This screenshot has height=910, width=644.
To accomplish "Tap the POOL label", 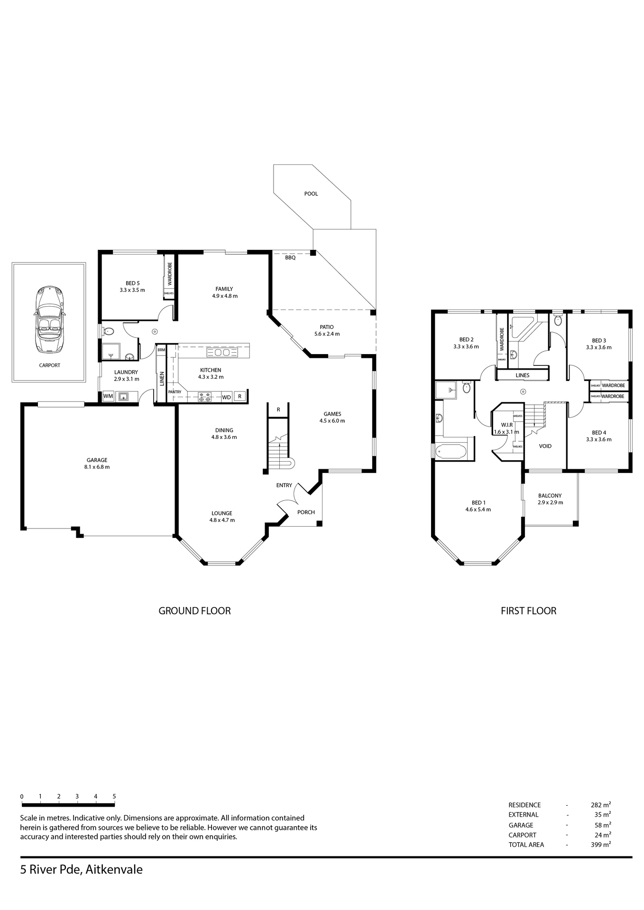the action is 311,194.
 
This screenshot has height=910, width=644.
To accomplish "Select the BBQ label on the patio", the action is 290,258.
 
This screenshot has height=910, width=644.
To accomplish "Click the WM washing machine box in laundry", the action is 108,396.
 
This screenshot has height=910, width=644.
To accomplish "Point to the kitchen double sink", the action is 219,353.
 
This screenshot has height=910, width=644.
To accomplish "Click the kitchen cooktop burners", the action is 205,397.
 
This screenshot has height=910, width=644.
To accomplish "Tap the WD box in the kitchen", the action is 227,397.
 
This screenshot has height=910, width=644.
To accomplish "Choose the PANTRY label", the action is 175,392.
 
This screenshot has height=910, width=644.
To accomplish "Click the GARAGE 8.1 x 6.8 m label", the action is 97,464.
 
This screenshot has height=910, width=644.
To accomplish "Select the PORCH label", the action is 306,512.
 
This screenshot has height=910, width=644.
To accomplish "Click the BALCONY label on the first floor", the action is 550,496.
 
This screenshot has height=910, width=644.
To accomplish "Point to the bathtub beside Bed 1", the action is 452,451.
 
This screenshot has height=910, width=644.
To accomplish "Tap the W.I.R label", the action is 507,425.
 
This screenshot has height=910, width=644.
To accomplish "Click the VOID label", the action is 545,446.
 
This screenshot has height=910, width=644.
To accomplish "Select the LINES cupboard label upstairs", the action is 522,375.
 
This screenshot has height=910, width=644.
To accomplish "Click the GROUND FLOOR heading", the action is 194,611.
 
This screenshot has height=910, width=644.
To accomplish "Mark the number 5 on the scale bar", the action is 114,797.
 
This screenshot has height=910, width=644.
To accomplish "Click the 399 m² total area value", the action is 601,844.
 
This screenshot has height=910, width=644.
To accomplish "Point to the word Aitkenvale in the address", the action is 114,870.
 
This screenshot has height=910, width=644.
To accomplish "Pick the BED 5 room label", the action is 132,283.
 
